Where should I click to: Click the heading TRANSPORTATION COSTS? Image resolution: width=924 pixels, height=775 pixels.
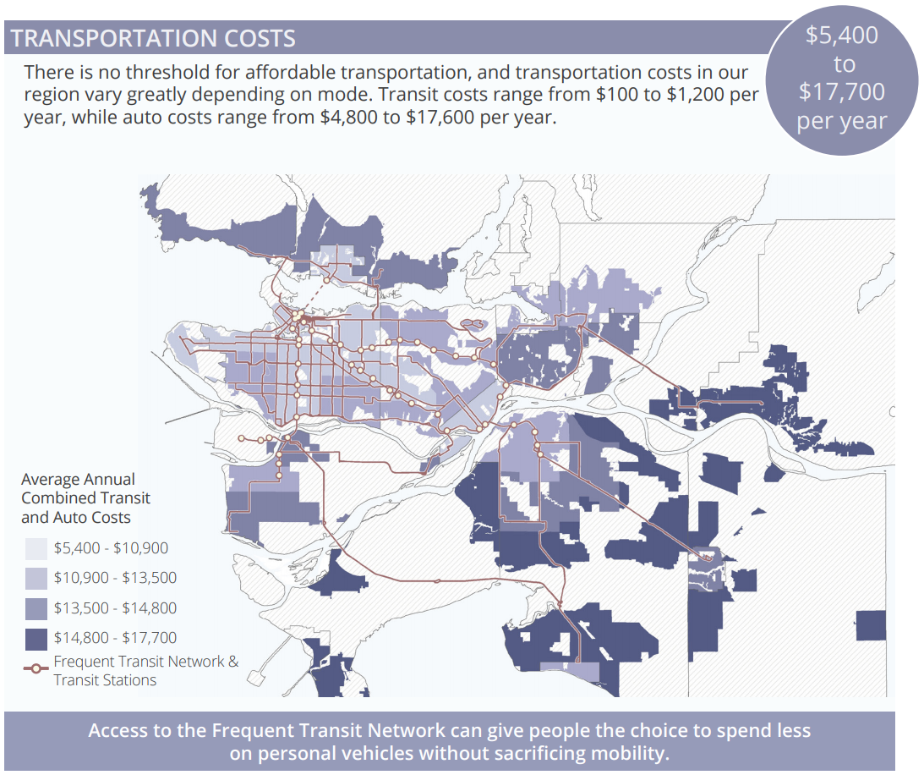pos(153,38)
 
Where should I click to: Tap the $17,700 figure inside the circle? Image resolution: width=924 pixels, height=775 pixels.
pos(841,91)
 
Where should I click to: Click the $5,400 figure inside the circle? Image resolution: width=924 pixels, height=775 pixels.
pos(841,36)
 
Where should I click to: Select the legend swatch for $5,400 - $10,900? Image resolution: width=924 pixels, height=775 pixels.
pos(36,547)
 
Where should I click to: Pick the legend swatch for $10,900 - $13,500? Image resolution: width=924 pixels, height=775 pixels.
pos(36,578)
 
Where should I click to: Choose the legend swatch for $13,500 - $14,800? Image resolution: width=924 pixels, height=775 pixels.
pos(36,607)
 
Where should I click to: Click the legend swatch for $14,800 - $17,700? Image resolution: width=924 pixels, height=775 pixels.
pos(36,638)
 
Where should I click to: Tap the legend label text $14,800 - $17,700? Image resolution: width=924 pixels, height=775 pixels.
pos(115,638)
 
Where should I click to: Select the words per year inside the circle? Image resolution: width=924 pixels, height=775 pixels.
pos(841,121)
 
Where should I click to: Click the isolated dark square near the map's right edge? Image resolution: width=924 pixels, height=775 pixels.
pos(871,625)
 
